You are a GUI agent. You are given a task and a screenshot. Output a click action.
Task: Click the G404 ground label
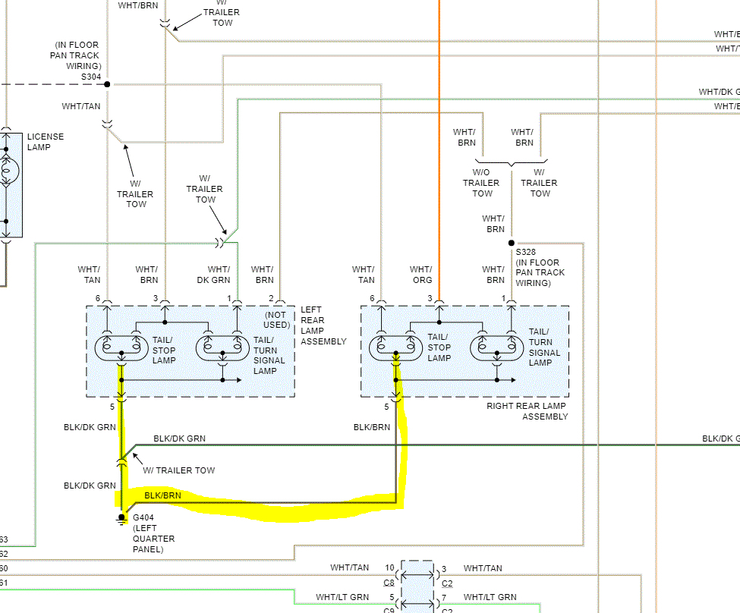[x=143, y=517]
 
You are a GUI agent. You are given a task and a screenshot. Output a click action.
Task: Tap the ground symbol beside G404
[x=121, y=520]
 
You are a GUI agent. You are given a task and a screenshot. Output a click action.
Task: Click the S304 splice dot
[x=107, y=84]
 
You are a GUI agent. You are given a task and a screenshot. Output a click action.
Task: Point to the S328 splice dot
[x=511, y=243]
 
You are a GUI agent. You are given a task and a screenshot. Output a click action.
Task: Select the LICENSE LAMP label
[x=46, y=142]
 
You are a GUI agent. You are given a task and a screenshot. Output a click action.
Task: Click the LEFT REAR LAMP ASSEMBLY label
[x=323, y=325]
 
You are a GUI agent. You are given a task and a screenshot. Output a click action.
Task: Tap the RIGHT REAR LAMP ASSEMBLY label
[x=526, y=411]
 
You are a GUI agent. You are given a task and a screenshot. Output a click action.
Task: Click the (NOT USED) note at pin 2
[x=277, y=319]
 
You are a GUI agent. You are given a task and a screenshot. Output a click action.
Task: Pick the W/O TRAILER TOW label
[x=481, y=183]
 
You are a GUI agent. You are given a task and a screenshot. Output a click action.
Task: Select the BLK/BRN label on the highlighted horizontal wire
[x=163, y=495]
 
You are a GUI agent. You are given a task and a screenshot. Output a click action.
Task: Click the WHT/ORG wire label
[x=421, y=274]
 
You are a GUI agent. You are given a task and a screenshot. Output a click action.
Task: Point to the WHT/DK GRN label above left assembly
[x=219, y=274]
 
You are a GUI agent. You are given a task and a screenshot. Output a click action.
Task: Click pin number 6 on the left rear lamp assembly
[x=98, y=298]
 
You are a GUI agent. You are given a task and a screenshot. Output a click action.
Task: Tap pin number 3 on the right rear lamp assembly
[x=430, y=298]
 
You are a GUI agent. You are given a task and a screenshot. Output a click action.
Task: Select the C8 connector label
[x=389, y=583]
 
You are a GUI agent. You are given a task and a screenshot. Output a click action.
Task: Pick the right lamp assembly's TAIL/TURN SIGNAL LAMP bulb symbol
[x=497, y=347]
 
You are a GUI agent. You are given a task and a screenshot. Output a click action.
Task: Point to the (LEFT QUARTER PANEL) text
[x=153, y=539]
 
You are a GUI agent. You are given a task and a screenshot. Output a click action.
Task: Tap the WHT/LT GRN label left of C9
[x=342, y=598]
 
